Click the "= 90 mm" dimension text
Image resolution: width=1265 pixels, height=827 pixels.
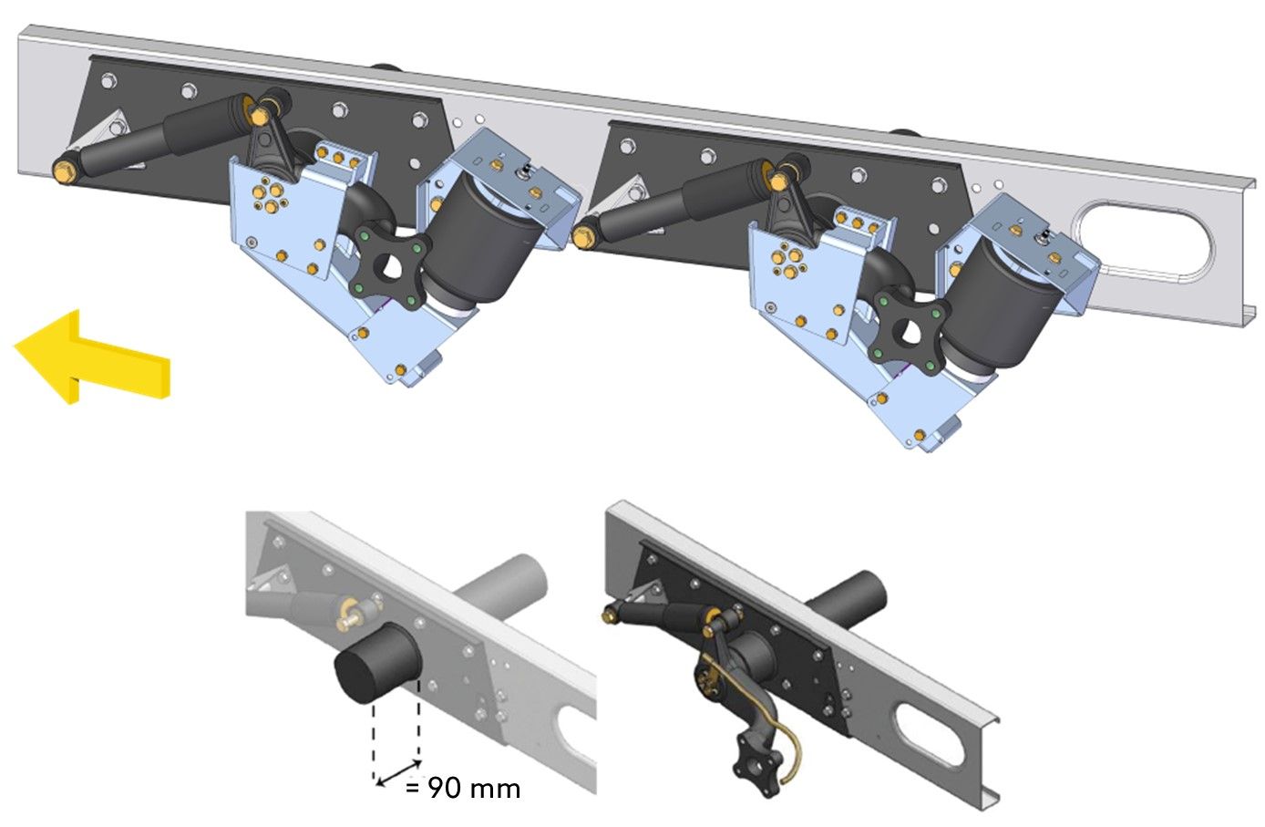click(x=463, y=788)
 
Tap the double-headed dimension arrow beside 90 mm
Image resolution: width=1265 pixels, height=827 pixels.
click(x=398, y=773)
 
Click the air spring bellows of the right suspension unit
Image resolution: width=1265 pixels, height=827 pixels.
click(x=999, y=305)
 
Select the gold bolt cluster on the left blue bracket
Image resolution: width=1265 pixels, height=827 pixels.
click(x=270, y=193)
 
